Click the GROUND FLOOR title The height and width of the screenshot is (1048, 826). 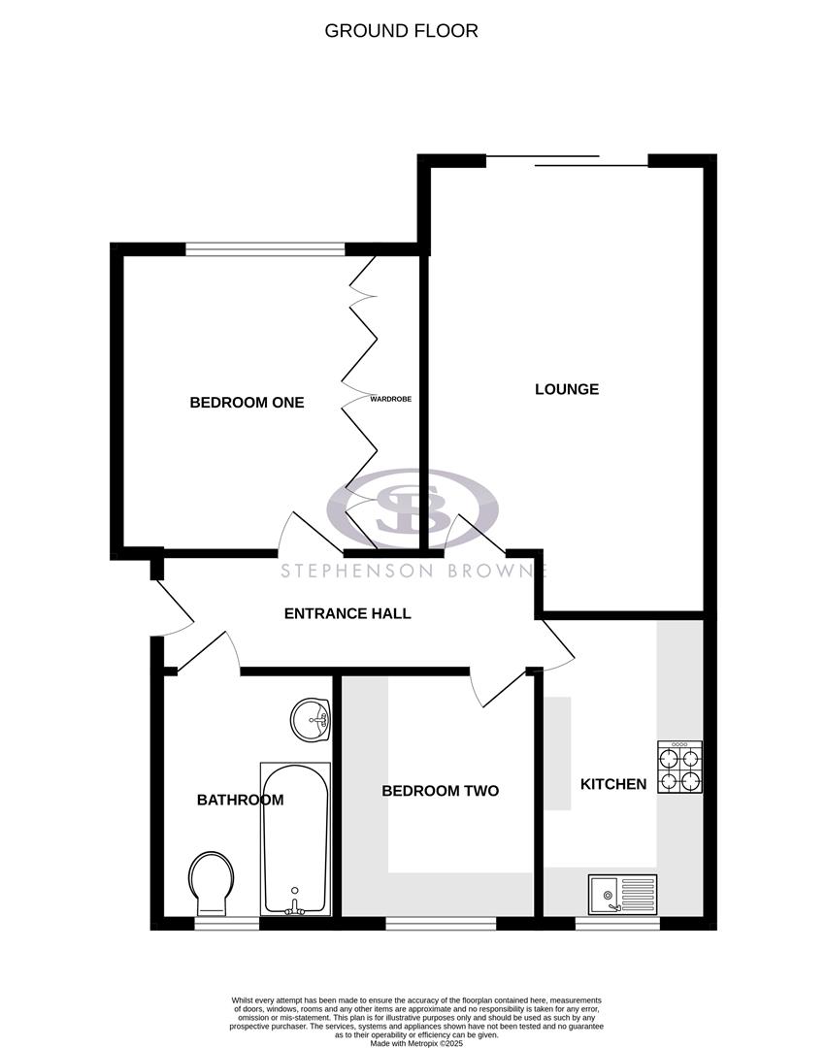point(401,31)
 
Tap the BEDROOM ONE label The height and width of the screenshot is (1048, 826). point(247,402)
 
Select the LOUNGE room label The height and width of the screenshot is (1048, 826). point(567,389)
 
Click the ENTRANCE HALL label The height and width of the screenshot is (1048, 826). point(347,613)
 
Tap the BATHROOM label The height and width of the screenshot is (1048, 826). point(240,800)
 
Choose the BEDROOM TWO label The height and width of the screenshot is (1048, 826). point(440,791)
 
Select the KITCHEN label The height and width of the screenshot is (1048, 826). point(612,783)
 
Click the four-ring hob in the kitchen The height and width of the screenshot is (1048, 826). point(680,768)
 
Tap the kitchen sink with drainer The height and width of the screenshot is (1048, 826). point(622,894)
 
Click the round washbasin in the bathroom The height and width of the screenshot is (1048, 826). point(311,719)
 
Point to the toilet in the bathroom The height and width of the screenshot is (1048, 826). point(212,882)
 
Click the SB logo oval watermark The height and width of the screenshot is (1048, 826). point(413,508)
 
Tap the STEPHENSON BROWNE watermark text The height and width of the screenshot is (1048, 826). point(413,571)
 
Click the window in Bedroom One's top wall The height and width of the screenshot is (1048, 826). point(264,249)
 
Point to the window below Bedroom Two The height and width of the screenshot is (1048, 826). point(441,923)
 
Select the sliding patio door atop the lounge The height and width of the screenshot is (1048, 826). point(566,160)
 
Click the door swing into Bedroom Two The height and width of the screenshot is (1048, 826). point(490,691)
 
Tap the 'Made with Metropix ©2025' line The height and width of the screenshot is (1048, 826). point(416,1042)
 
